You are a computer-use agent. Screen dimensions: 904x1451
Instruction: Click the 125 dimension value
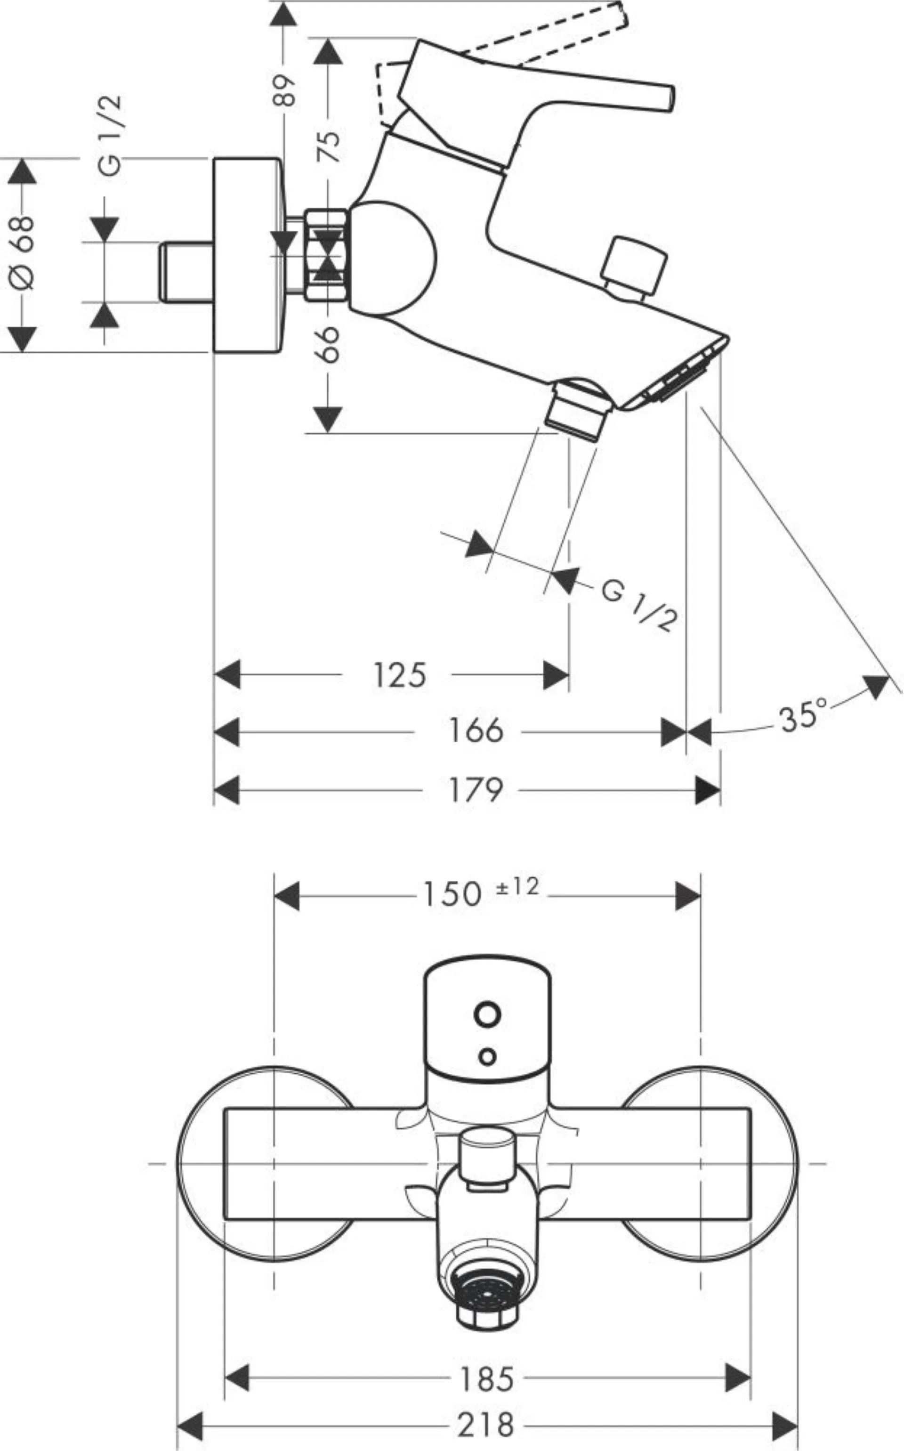click(x=399, y=675)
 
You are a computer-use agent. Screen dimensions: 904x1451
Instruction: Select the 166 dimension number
click(x=476, y=730)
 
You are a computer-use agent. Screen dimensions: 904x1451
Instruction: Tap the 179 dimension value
click(x=476, y=790)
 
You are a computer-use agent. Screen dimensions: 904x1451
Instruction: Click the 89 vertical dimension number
click(x=285, y=89)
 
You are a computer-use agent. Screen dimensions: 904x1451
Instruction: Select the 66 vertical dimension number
click(x=328, y=344)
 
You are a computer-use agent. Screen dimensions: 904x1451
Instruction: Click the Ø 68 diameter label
click(x=23, y=251)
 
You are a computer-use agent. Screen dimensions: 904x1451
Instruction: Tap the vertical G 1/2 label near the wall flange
click(x=110, y=135)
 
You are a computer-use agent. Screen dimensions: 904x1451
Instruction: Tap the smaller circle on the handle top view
click(x=487, y=1056)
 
